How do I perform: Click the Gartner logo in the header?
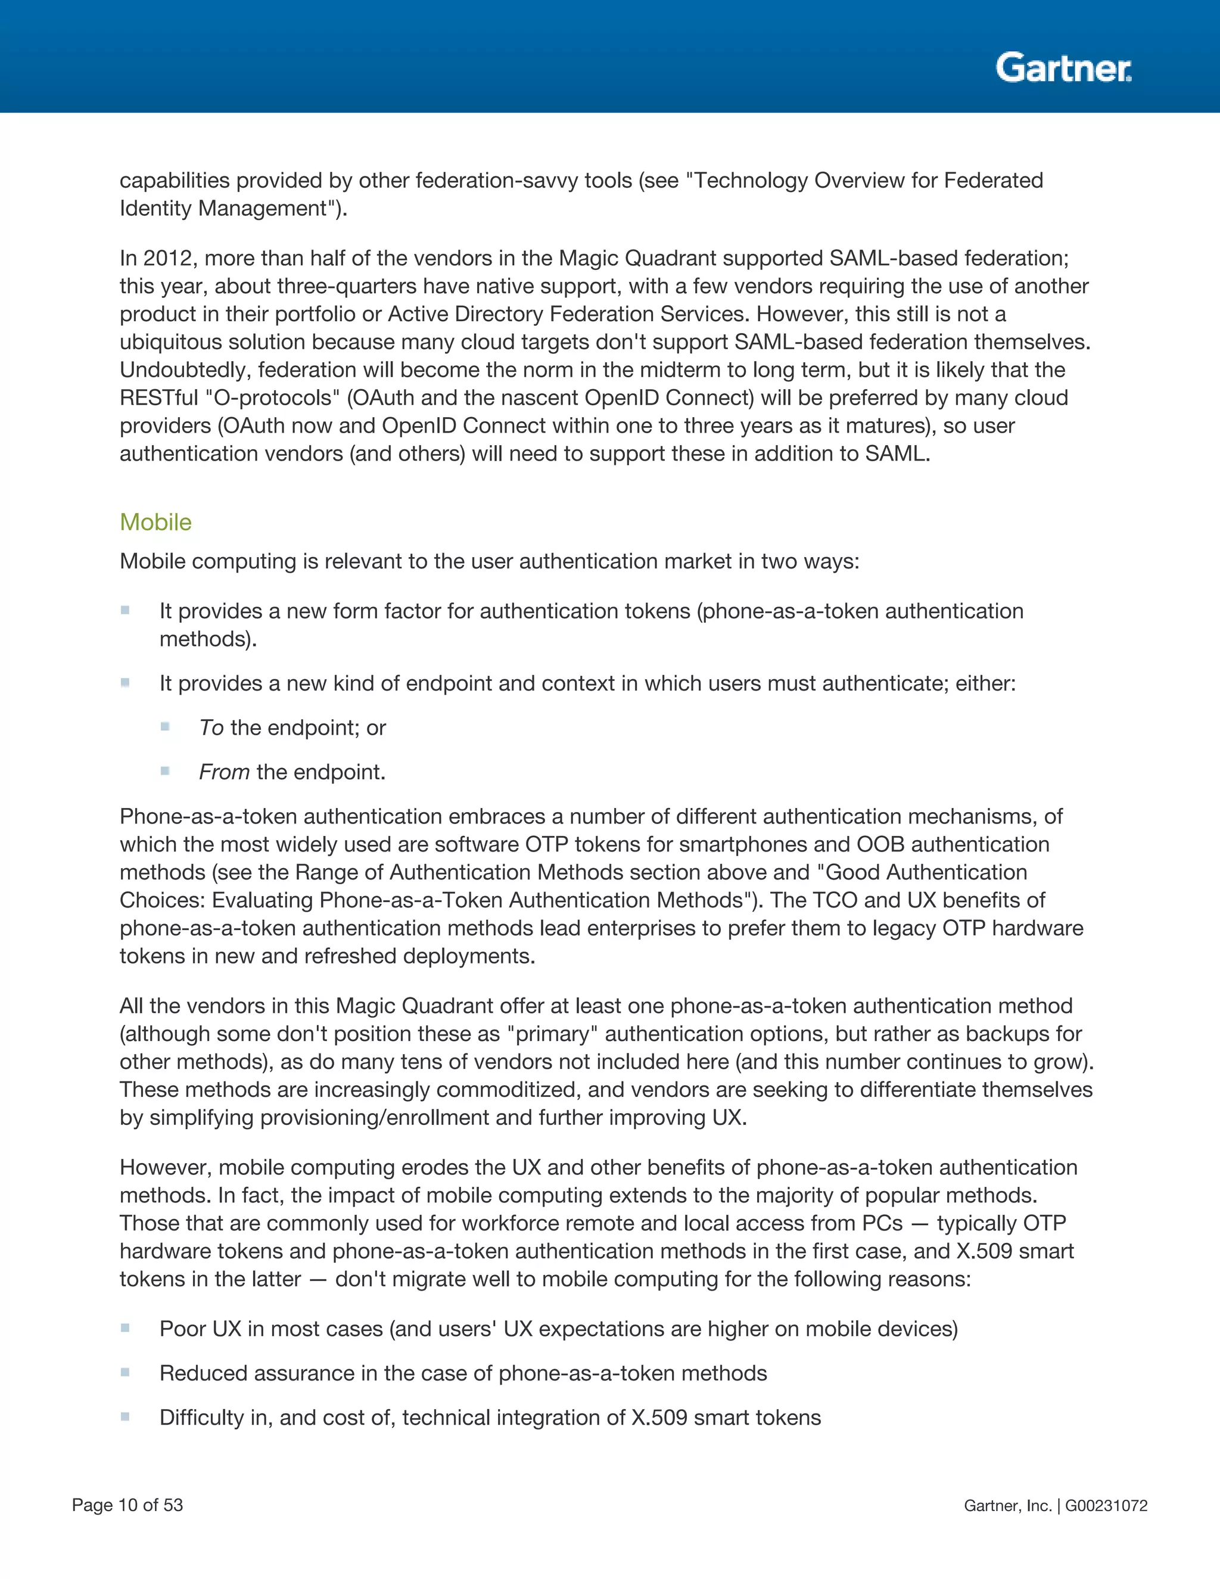(x=1063, y=68)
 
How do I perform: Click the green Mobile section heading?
(x=155, y=522)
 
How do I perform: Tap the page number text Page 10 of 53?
(x=127, y=1506)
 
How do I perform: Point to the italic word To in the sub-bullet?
(x=211, y=728)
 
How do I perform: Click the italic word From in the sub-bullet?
(x=224, y=772)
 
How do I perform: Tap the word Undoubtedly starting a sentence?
(x=186, y=370)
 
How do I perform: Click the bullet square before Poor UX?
(x=125, y=1328)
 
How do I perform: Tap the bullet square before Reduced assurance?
(x=125, y=1372)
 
